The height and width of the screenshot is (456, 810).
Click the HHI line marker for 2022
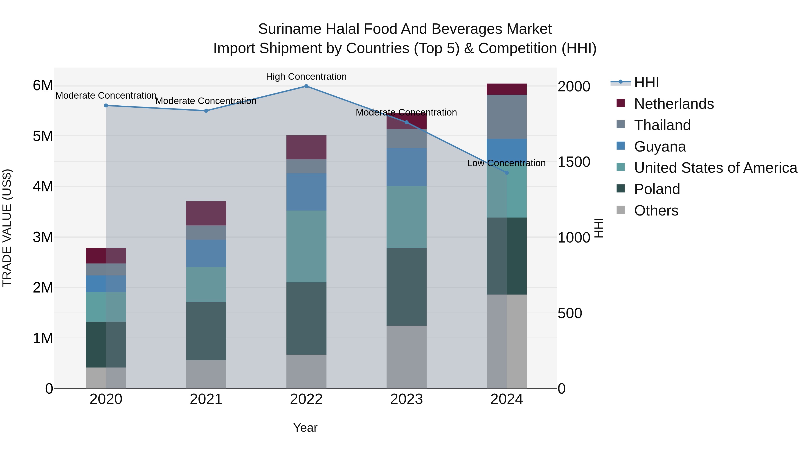(x=306, y=86)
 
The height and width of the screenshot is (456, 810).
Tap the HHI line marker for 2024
(x=506, y=173)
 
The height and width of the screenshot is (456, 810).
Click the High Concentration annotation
(x=306, y=77)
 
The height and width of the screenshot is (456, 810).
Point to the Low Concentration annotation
(x=506, y=163)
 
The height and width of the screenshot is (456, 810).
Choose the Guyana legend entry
(x=660, y=147)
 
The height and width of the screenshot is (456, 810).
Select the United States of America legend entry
(x=715, y=168)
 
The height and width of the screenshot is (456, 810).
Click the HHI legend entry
(x=646, y=82)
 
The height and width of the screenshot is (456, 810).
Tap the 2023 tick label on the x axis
(x=406, y=399)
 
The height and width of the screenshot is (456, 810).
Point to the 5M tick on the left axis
(x=43, y=136)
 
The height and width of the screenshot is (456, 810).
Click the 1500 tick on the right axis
(x=574, y=162)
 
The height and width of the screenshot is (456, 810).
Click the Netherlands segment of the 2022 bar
(x=306, y=147)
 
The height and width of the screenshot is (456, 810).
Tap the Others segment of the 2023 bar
(x=406, y=357)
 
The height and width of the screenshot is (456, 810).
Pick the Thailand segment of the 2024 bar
(x=506, y=117)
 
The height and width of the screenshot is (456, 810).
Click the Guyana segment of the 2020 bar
(x=106, y=284)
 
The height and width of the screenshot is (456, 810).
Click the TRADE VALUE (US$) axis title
(x=7, y=228)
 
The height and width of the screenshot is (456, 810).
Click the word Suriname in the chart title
(x=290, y=29)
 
